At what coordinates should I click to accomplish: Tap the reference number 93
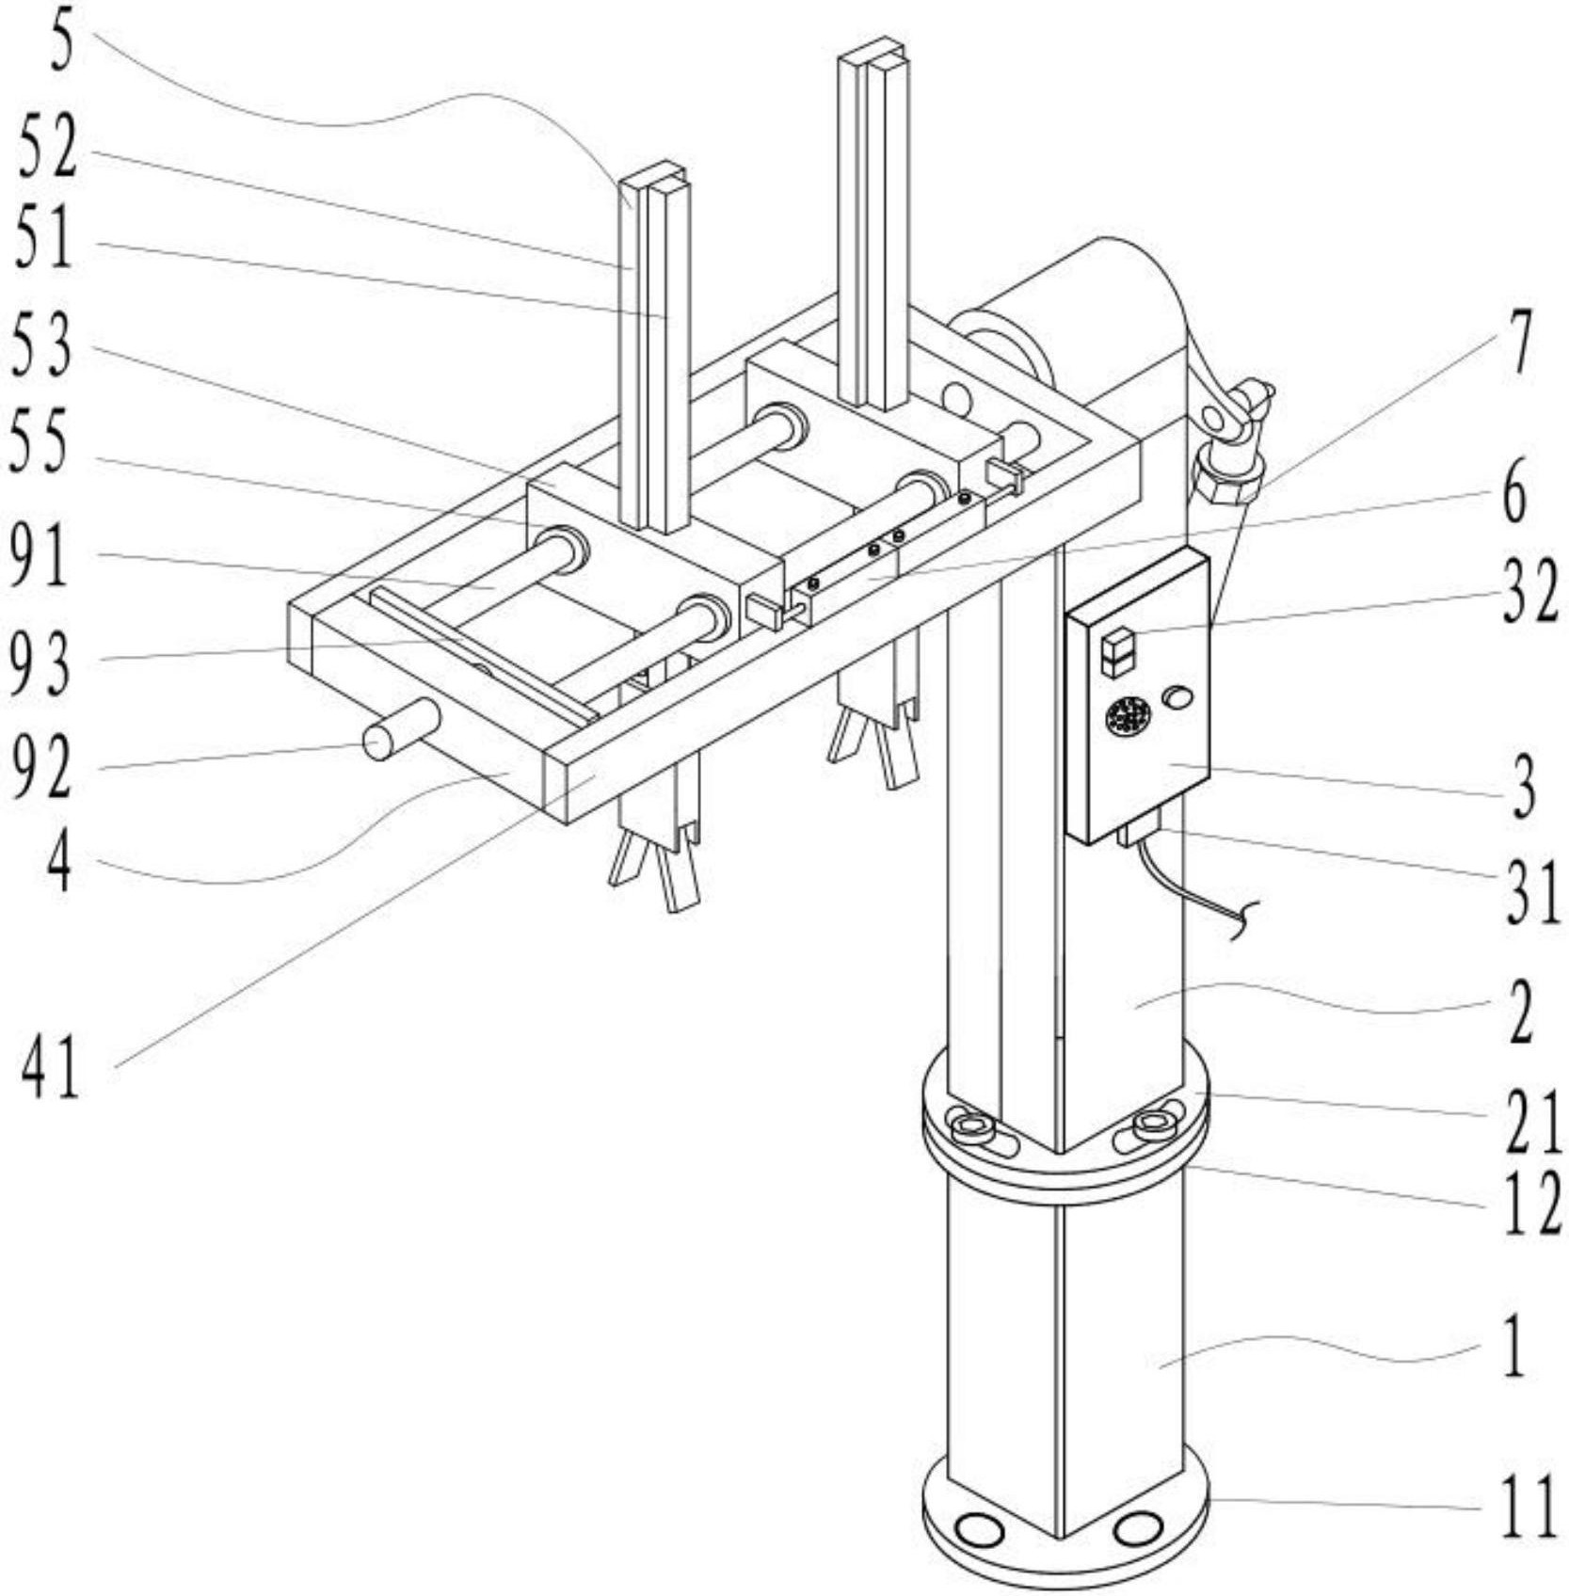pyautogui.click(x=40, y=662)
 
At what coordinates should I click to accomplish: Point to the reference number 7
pyautogui.click(x=1515, y=343)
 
